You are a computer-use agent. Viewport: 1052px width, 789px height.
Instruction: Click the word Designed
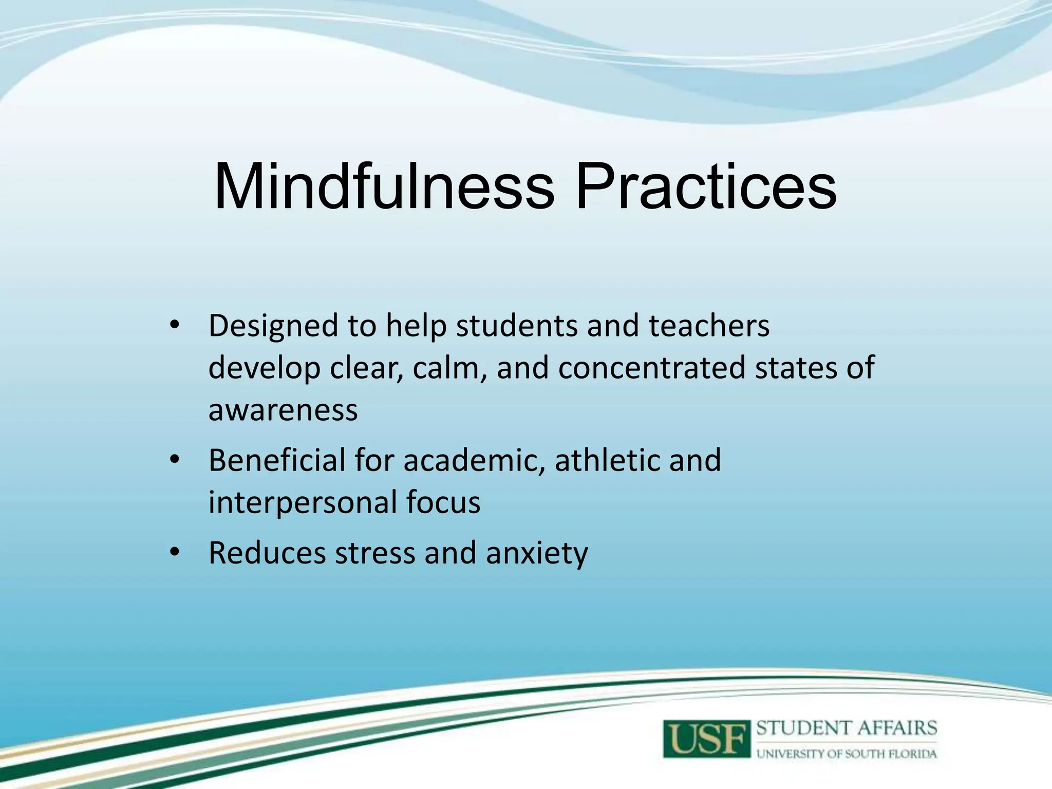pyautogui.click(x=273, y=326)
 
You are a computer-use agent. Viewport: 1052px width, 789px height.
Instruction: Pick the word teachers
pyautogui.click(x=709, y=326)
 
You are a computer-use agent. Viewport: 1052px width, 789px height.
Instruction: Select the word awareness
pyautogui.click(x=283, y=410)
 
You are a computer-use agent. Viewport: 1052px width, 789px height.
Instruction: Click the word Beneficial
pyautogui.click(x=277, y=460)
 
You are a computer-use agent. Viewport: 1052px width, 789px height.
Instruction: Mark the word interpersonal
pyautogui.click(x=303, y=502)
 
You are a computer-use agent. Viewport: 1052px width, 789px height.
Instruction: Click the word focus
pyautogui.click(x=443, y=502)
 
